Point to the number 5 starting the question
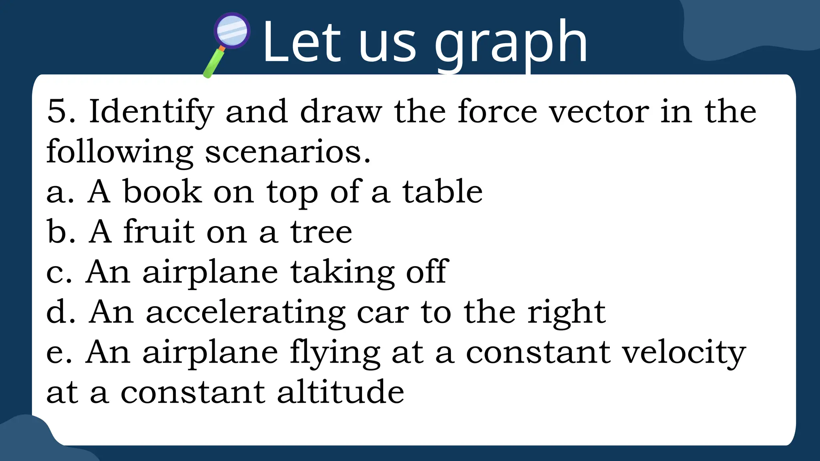pos(56,111)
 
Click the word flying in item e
pos(335,353)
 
